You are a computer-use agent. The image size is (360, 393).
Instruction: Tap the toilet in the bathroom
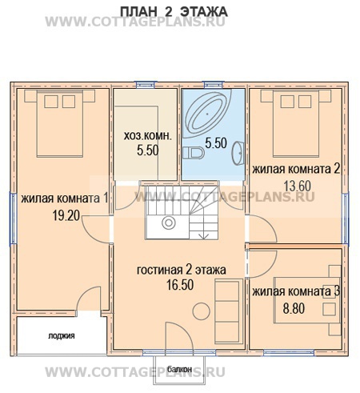point(194,153)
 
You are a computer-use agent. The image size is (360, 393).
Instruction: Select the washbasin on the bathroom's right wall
point(238,153)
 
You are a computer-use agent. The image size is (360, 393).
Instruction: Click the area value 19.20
point(66,215)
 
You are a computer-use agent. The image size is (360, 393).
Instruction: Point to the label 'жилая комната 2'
point(296,169)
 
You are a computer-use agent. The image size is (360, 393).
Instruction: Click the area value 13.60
point(298,186)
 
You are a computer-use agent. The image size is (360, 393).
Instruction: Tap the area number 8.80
point(294,308)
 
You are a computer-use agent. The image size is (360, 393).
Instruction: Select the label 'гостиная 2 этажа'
point(182,270)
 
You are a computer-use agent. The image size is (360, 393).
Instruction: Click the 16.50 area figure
point(180,285)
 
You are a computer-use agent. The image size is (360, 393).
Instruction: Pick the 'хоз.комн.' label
point(148,136)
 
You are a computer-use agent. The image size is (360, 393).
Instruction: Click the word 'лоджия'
point(62,335)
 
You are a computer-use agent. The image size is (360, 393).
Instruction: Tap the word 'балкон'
point(179,369)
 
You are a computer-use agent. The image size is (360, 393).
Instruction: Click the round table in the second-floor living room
point(202,311)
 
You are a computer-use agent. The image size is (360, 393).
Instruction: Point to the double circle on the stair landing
point(169,223)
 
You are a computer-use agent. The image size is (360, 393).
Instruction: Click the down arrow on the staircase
point(205,234)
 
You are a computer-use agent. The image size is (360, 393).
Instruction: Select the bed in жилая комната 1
point(60,123)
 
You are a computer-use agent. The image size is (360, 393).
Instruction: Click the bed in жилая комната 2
point(296,123)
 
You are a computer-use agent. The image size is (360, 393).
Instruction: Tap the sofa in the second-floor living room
point(229,311)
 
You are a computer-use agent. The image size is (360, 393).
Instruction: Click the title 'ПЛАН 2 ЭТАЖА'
point(174,12)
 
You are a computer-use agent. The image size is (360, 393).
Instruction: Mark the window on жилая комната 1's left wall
point(13,219)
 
